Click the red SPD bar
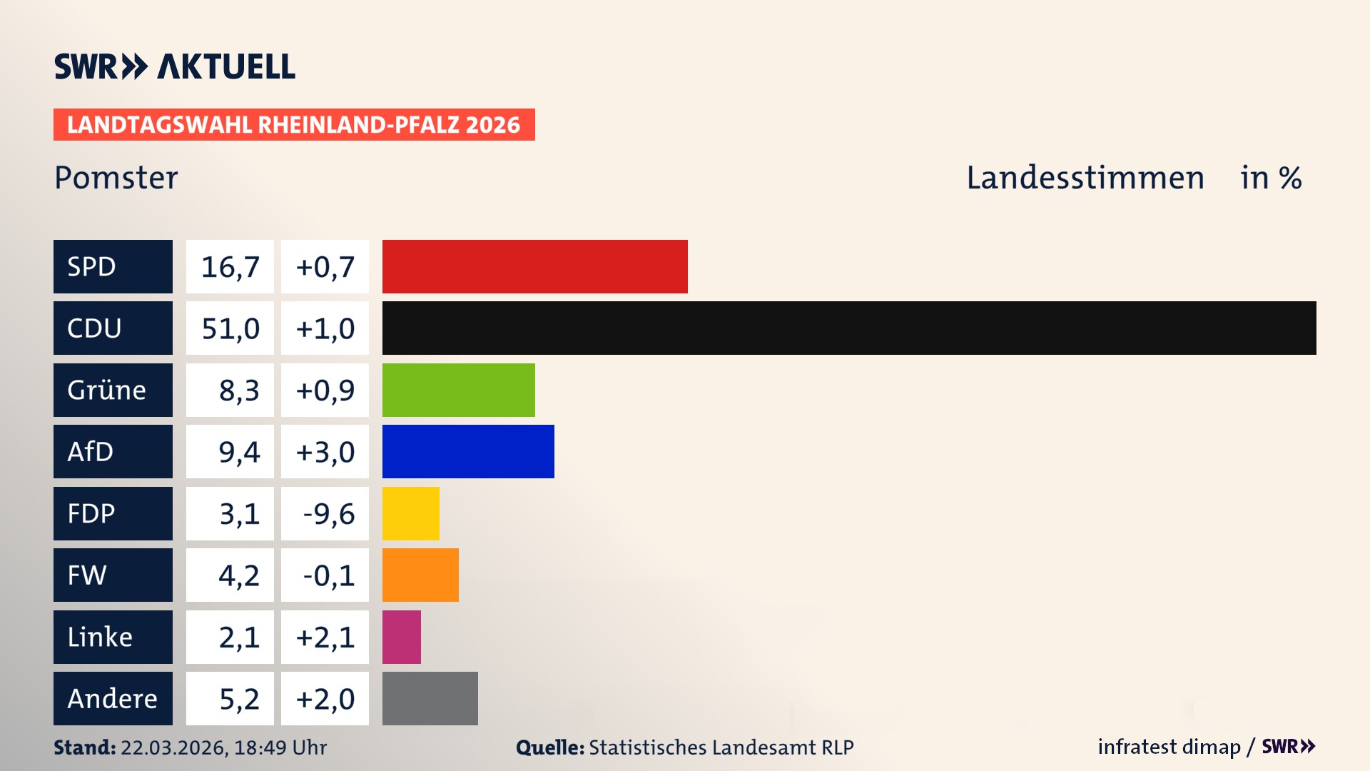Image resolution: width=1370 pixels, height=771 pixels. [534, 266]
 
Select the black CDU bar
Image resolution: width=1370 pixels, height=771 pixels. [849, 328]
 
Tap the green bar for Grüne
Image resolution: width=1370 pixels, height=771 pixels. [458, 390]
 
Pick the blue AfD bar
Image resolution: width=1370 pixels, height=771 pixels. [468, 451]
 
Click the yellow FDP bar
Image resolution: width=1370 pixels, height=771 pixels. [411, 513]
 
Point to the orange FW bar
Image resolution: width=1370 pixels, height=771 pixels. [420, 575]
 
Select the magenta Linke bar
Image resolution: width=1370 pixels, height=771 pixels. [402, 637]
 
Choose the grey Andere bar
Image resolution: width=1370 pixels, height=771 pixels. [430, 698]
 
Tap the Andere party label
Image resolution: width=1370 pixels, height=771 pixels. [113, 698]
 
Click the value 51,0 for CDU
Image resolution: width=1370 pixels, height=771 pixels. [230, 328]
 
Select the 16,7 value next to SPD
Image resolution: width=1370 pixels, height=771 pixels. [230, 267]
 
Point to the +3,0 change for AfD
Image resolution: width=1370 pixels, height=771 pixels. [325, 452]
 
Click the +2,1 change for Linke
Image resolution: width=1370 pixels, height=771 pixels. [325, 638]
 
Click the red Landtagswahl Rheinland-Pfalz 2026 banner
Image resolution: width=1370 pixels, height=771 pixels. [294, 124]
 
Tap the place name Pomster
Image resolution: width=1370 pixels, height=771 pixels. [116, 177]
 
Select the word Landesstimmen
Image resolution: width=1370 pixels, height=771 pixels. [1085, 177]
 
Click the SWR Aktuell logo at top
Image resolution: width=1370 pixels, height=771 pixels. [175, 66]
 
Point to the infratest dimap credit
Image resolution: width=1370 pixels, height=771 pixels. [1169, 747]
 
